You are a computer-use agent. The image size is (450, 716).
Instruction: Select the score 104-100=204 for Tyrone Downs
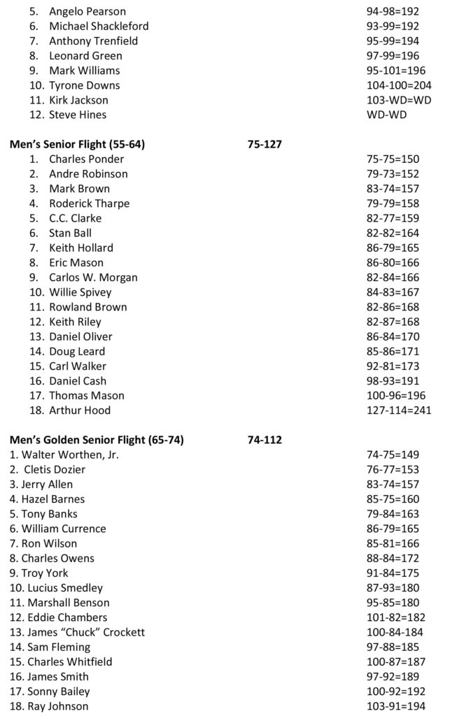pyautogui.click(x=391, y=85)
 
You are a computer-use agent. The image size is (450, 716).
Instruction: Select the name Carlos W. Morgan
pyautogui.click(x=93, y=278)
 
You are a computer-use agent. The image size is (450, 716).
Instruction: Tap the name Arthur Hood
pyautogui.click(x=80, y=410)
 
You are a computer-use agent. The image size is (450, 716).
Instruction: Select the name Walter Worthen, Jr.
pyautogui.click(x=64, y=455)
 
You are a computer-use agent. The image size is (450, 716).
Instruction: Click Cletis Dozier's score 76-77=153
pyautogui.click(x=392, y=470)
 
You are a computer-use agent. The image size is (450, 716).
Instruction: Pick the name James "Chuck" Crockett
pyautogui.click(x=78, y=632)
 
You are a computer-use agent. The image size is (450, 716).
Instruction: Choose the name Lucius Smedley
pyautogui.click(x=57, y=588)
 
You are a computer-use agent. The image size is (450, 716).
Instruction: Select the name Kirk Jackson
pyautogui.click(x=78, y=100)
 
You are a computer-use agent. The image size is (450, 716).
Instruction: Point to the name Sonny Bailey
pyautogui.click(x=50, y=692)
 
